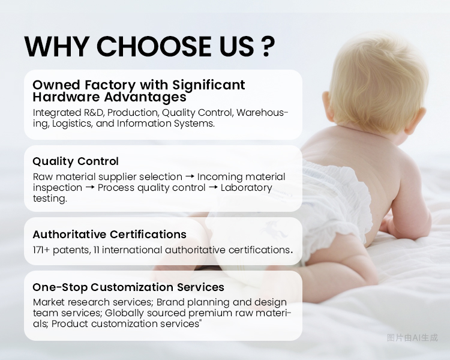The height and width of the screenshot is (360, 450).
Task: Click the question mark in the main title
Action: [x=269, y=47]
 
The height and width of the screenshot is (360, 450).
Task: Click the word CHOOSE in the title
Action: [x=145, y=47]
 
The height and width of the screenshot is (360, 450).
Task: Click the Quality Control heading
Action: [x=76, y=161]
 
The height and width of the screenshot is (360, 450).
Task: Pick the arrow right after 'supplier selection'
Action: [x=190, y=177]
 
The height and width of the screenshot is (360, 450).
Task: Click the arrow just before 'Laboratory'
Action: [x=213, y=188]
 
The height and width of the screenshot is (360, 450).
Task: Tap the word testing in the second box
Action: [x=49, y=199]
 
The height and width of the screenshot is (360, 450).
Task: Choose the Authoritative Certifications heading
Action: [x=109, y=235]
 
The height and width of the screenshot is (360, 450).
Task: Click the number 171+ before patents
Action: [x=41, y=250]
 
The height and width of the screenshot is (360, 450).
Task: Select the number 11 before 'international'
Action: [x=96, y=250]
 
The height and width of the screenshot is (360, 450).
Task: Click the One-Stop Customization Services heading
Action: [x=128, y=287]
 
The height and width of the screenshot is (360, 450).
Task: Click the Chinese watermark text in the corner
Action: [x=412, y=338]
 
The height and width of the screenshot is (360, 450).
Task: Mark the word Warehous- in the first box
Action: [x=263, y=113]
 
